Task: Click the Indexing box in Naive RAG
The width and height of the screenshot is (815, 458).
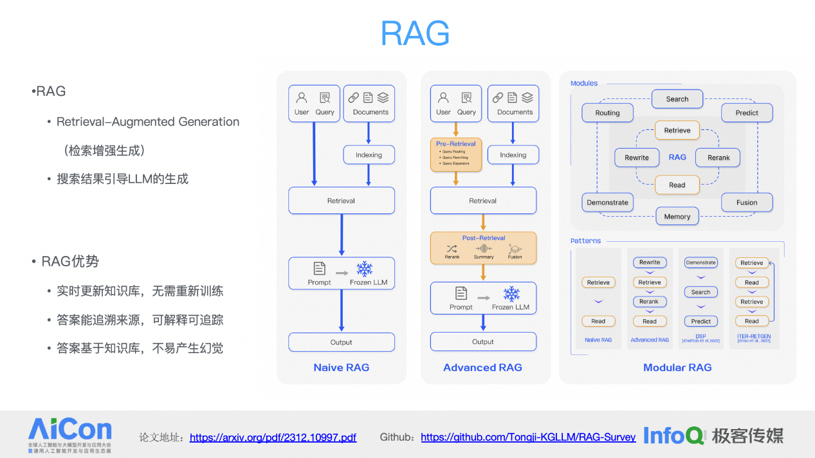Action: (369, 155)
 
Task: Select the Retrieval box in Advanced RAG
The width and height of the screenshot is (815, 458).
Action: (483, 201)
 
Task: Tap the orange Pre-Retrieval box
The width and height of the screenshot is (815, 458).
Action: (455, 153)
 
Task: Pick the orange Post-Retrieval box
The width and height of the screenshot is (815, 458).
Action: (483, 248)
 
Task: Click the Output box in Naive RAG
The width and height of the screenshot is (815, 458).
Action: (342, 342)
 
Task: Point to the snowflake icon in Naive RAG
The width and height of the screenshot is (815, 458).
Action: (365, 269)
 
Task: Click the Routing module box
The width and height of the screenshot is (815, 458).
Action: (607, 113)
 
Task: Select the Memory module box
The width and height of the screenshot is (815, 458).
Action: (677, 217)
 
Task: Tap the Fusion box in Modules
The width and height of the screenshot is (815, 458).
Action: (747, 203)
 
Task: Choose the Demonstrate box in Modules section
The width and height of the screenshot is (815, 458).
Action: (607, 203)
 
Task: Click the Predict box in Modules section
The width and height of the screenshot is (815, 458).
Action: (747, 113)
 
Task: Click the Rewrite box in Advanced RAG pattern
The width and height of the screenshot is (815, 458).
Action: (650, 262)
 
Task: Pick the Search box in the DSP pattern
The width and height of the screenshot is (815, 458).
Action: (701, 292)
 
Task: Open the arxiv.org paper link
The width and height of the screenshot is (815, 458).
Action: (273, 437)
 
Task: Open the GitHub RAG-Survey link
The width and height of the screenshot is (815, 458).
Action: (528, 437)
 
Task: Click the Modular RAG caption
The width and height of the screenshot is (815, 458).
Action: (677, 367)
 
